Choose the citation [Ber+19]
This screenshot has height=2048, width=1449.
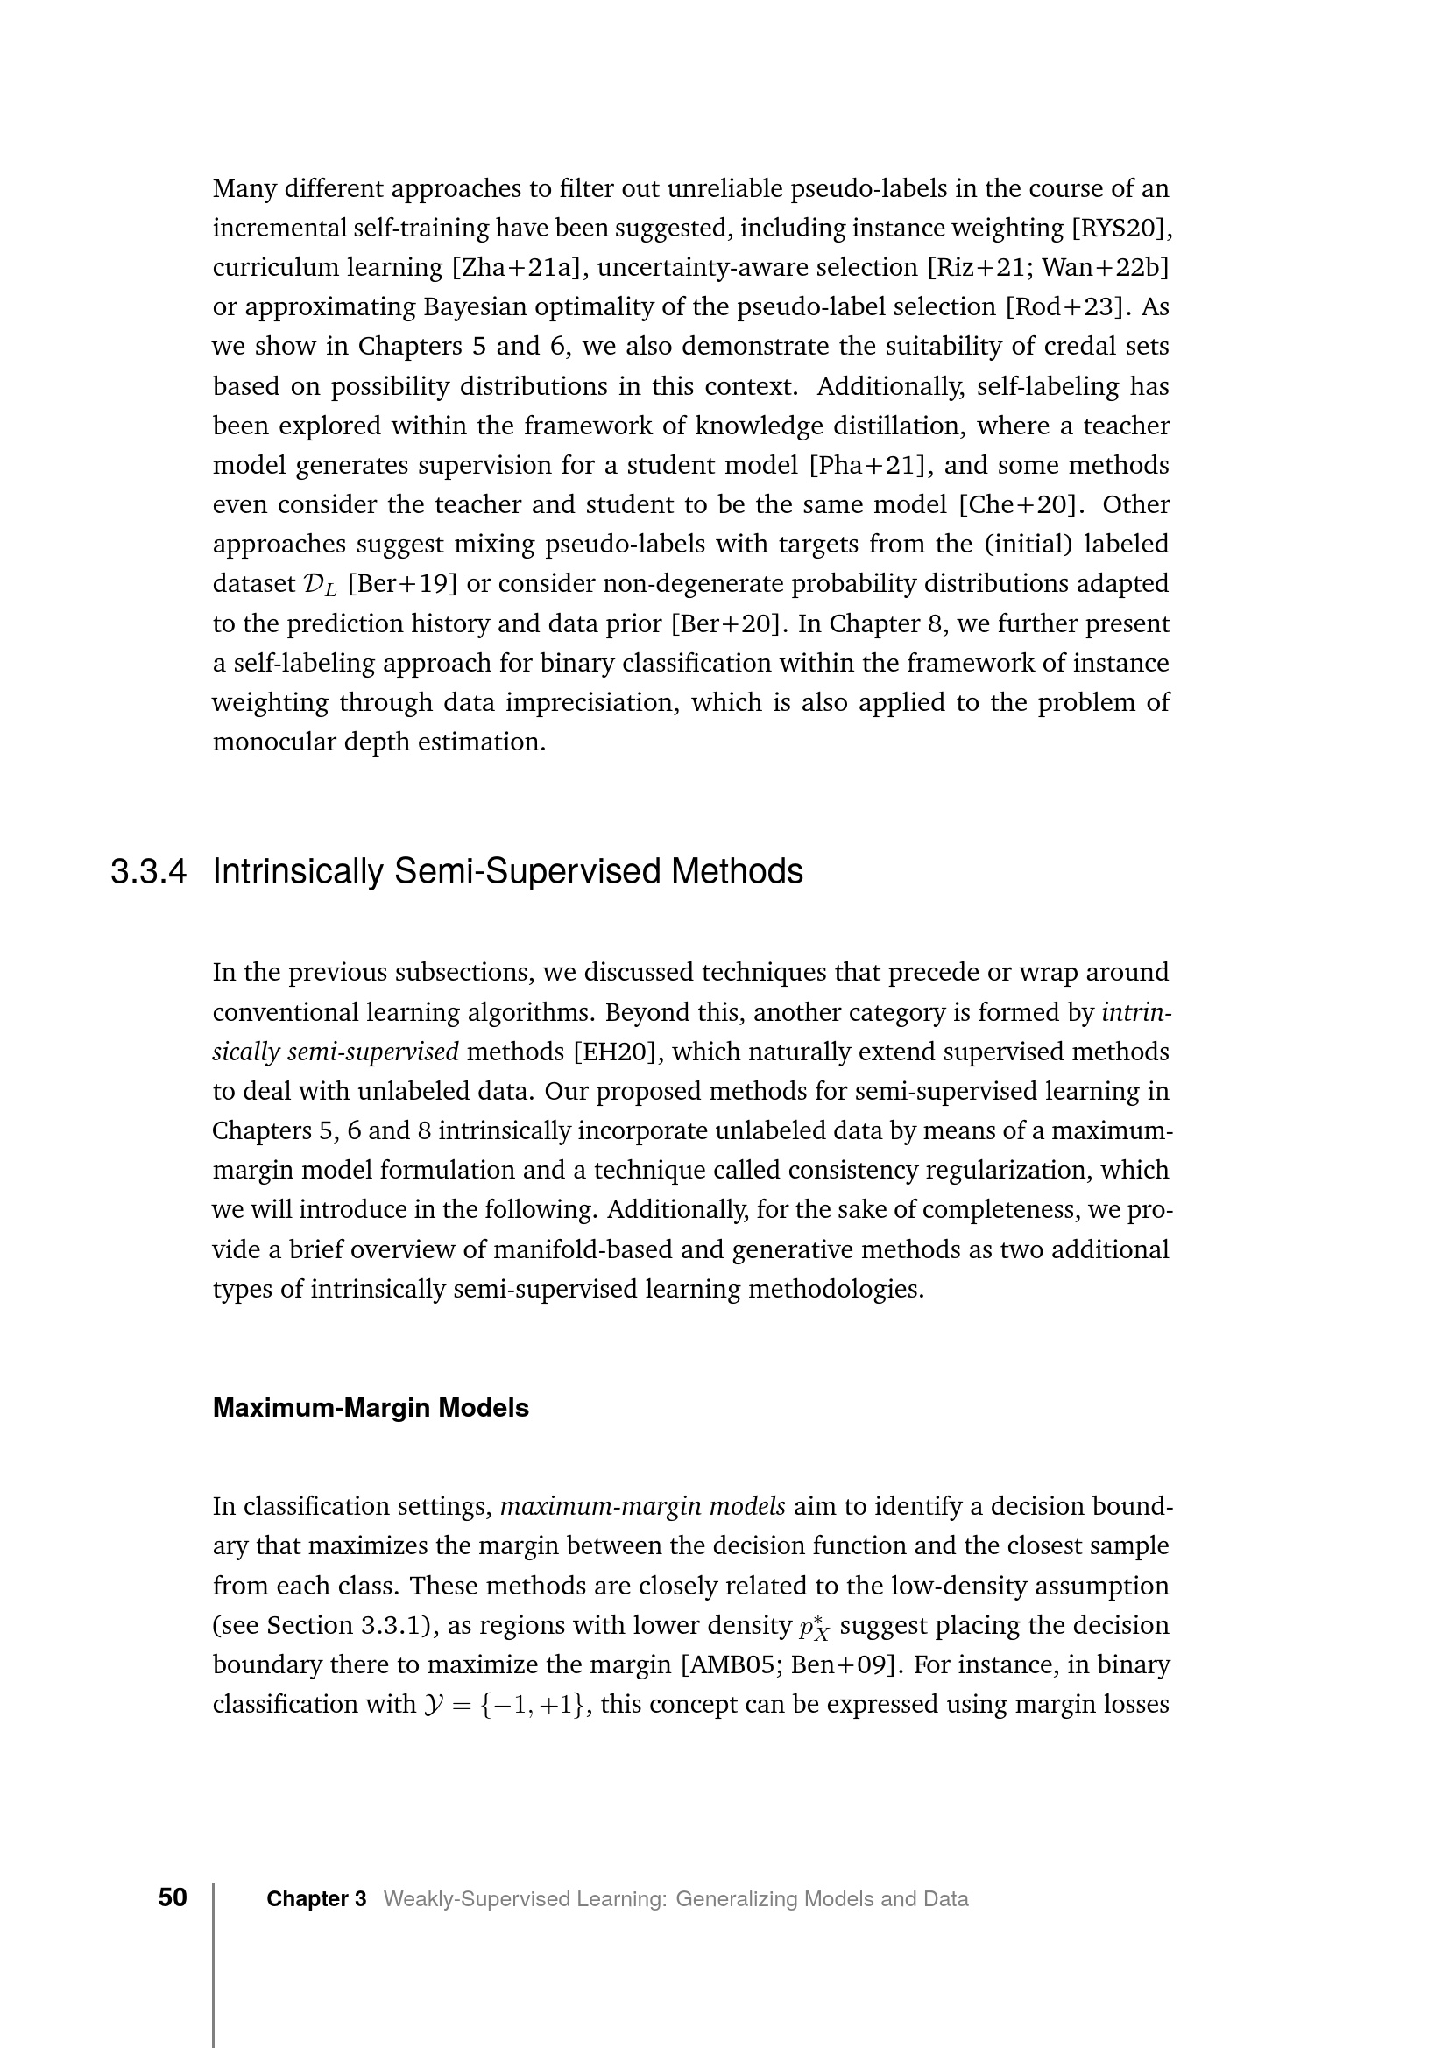402,584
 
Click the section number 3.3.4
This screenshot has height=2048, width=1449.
148,871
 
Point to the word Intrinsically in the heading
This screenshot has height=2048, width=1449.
298,871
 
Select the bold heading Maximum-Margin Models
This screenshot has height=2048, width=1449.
371,1409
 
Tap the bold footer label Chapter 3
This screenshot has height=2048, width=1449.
316,1899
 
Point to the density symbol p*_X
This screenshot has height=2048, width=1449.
815,1627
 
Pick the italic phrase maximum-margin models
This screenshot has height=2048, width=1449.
642,1508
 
